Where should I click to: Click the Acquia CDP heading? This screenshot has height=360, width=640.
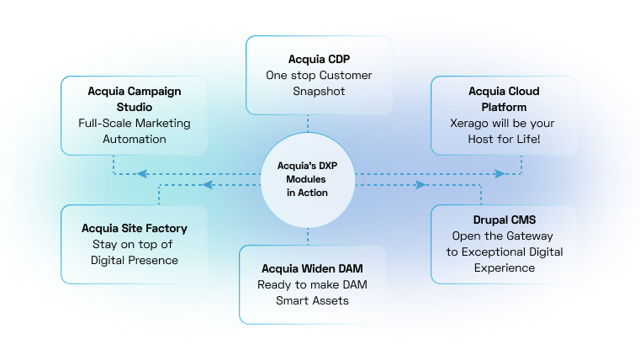(x=319, y=60)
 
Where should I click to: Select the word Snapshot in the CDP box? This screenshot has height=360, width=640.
(x=319, y=92)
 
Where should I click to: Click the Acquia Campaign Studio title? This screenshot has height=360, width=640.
(x=135, y=98)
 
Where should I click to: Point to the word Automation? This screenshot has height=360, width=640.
(x=135, y=139)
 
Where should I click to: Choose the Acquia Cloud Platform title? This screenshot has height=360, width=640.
(x=505, y=98)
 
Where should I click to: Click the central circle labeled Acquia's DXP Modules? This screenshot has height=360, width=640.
(x=307, y=179)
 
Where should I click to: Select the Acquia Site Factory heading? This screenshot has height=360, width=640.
(x=135, y=228)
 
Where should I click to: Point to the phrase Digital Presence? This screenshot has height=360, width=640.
(x=135, y=260)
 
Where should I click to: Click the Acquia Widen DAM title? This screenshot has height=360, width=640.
(x=312, y=268)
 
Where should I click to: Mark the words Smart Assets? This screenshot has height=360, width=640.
(x=312, y=300)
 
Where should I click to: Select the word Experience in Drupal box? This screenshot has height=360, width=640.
(x=503, y=268)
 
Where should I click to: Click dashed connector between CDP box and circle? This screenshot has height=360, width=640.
(x=307, y=124)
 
